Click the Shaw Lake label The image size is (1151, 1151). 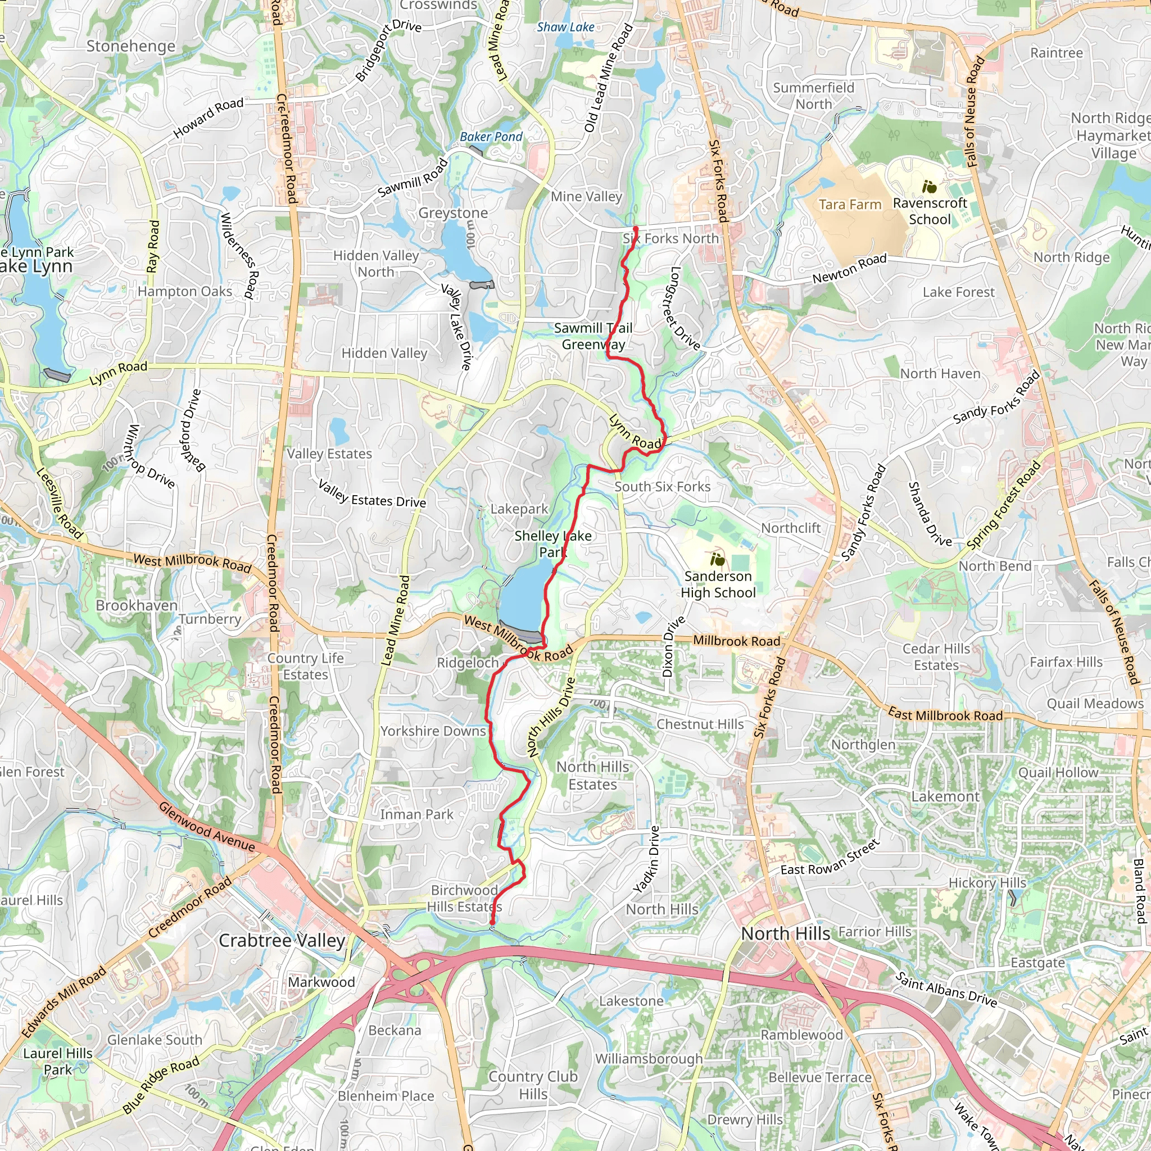tap(565, 28)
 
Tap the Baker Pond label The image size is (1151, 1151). tap(491, 137)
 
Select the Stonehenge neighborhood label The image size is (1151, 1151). tap(131, 47)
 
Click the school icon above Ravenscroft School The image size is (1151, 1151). tap(929, 188)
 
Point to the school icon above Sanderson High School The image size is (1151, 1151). tap(717, 560)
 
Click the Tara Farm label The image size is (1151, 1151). tap(850, 205)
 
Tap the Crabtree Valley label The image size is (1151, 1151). tap(282, 941)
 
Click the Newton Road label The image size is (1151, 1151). tap(850, 269)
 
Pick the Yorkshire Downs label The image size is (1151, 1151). tap(433, 731)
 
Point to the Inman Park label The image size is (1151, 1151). tap(416, 814)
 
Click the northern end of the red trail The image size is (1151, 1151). tap(635, 229)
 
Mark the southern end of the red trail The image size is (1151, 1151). tap(493, 923)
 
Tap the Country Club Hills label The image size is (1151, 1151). tap(533, 1085)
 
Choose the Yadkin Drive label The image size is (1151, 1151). tap(646, 860)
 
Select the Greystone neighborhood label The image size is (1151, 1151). tap(453, 213)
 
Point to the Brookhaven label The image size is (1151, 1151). tap(137, 605)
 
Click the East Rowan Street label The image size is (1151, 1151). tap(830, 857)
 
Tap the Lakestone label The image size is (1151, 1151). tap(631, 1001)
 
